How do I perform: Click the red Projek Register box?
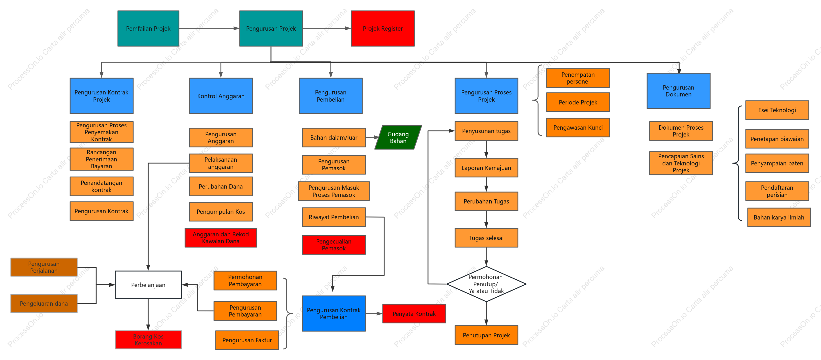click(382, 28)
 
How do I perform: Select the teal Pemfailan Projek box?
click(148, 28)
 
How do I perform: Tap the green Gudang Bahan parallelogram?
click(398, 137)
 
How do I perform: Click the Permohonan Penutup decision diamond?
click(486, 284)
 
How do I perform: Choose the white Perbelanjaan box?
click(148, 285)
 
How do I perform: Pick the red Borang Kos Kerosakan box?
click(148, 340)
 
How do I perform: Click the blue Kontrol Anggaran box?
click(221, 96)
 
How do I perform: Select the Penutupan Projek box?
click(486, 335)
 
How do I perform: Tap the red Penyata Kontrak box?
click(414, 313)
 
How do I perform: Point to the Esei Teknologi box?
click(777, 110)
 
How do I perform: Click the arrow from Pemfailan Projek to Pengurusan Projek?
click(209, 28)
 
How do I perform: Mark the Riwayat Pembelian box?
click(334, 217)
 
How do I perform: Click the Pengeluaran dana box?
click(44, 303)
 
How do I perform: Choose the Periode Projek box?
click(578, 102)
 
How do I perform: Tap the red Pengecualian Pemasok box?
click(334, 245)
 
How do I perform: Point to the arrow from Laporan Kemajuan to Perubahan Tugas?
click(486, 184)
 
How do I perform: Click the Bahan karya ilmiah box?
click(779, 217)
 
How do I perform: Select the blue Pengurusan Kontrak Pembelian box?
click(334, 313)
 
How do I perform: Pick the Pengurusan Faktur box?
click(247, 340)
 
